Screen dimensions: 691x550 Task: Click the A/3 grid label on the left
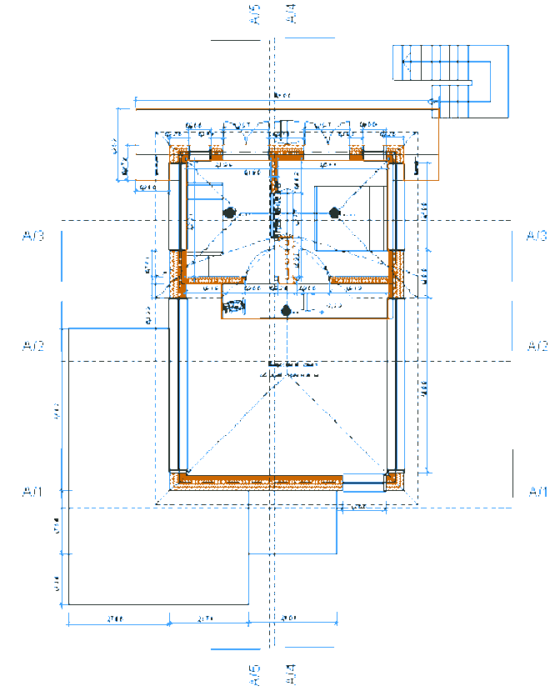(x=32, y=237)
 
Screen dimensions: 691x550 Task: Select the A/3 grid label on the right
(x=537, y=237)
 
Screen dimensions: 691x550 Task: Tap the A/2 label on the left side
(x=32, y=345)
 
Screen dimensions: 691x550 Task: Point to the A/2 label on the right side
(x=537, y=345)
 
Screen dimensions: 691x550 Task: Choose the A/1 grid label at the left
(x=32, y=492)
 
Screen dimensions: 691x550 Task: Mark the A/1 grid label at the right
(x=538, y=492)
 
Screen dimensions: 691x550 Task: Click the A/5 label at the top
(x=255, y=14)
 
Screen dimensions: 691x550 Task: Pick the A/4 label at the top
(x=290, y=14)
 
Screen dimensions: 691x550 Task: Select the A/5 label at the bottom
(x=255, y=674)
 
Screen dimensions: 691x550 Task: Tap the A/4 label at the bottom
(x=291, y=674)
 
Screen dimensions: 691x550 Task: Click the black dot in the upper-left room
(x=228, y=213)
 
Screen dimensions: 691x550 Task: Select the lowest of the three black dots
(x=287, y=311)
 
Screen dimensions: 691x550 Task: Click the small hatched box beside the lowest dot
(x=234, y=308)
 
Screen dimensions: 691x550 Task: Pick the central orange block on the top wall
(x=287, y=154)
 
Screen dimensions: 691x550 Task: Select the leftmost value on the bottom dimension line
(x=117, y=619)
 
